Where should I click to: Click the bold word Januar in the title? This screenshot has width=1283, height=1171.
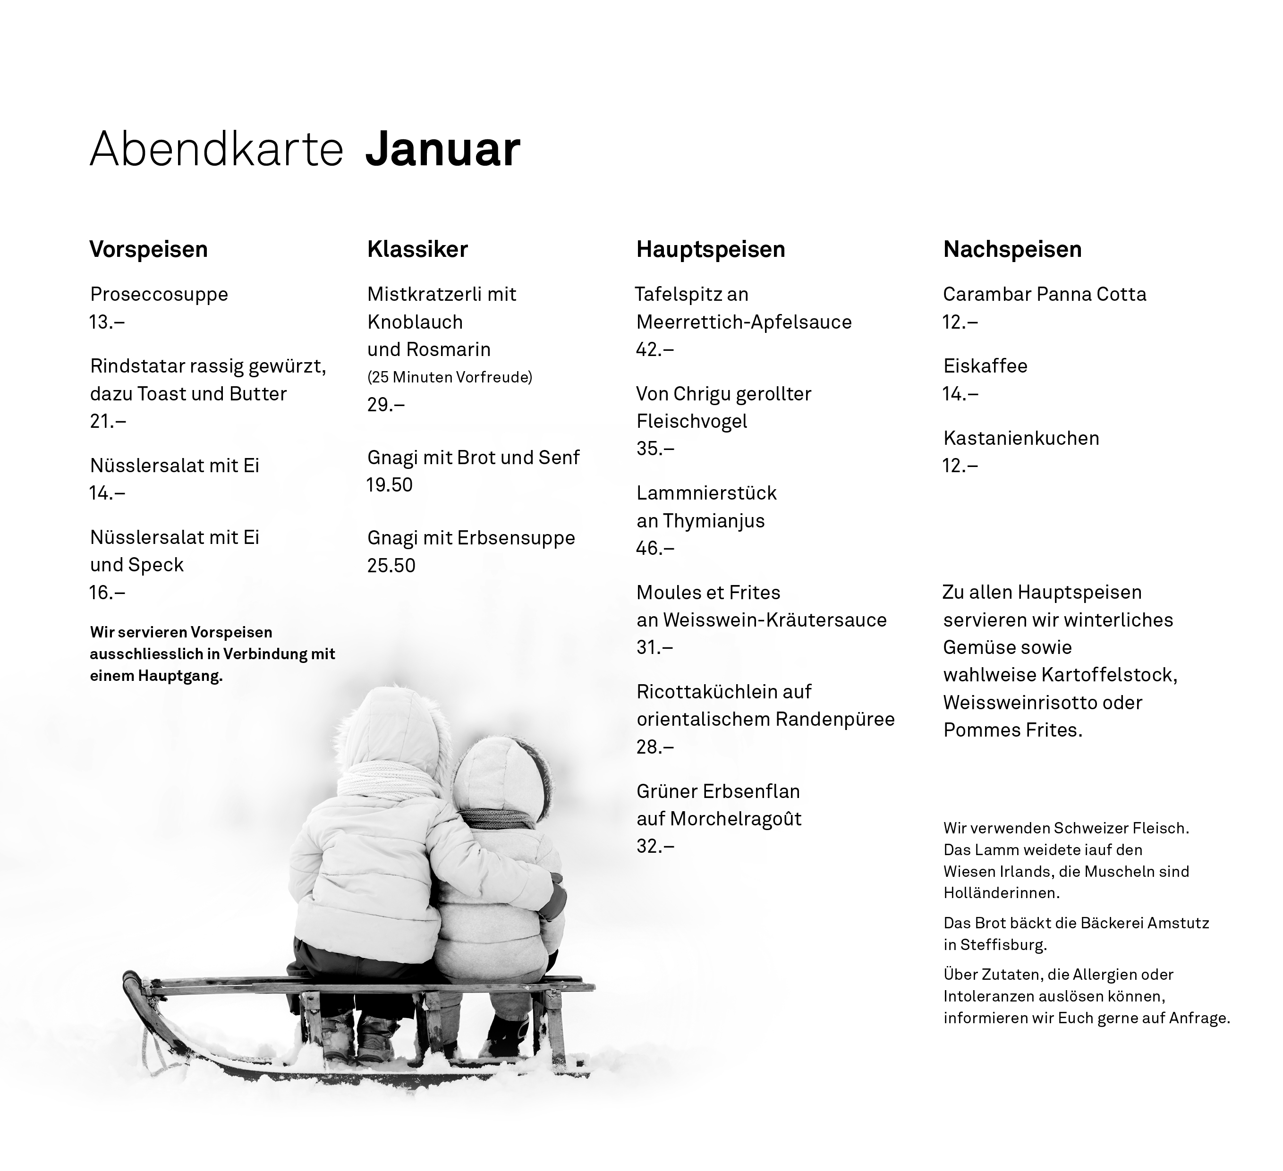pyautogui.click(x=443, y=150)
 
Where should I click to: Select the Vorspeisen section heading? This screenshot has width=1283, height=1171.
pyautogui.click(x=148, y=249)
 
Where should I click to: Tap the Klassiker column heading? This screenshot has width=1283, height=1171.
pyautogui.click(x=417, y=249)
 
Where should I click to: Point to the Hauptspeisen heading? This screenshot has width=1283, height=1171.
pyautogui.click(x=710, y=249)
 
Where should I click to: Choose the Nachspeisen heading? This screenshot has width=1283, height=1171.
pyautogui.click(x=1012, y=249)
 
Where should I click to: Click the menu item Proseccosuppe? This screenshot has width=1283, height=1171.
pyautogui.click(x=159, y=294)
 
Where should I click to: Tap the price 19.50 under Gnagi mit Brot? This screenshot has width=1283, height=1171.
pyautogui.click(x=390, y=485)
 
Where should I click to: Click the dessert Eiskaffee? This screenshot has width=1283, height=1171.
pyautogui.click(x=985, y=366)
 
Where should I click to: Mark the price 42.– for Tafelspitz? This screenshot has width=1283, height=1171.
pyautogui.click(x=655, y=349)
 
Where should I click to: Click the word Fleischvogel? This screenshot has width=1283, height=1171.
pyautogui.click(x=692, y=421)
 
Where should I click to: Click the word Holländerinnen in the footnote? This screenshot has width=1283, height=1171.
pyautogui.click(x=1001, y=893)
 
